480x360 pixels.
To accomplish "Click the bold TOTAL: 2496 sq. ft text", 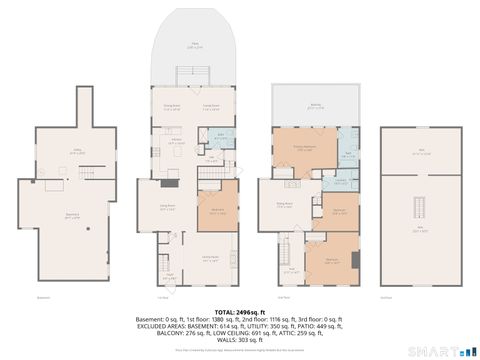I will coord(239,311).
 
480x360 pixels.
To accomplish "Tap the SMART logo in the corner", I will coord(440,349).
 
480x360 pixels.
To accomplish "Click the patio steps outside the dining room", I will coord(194,77).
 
